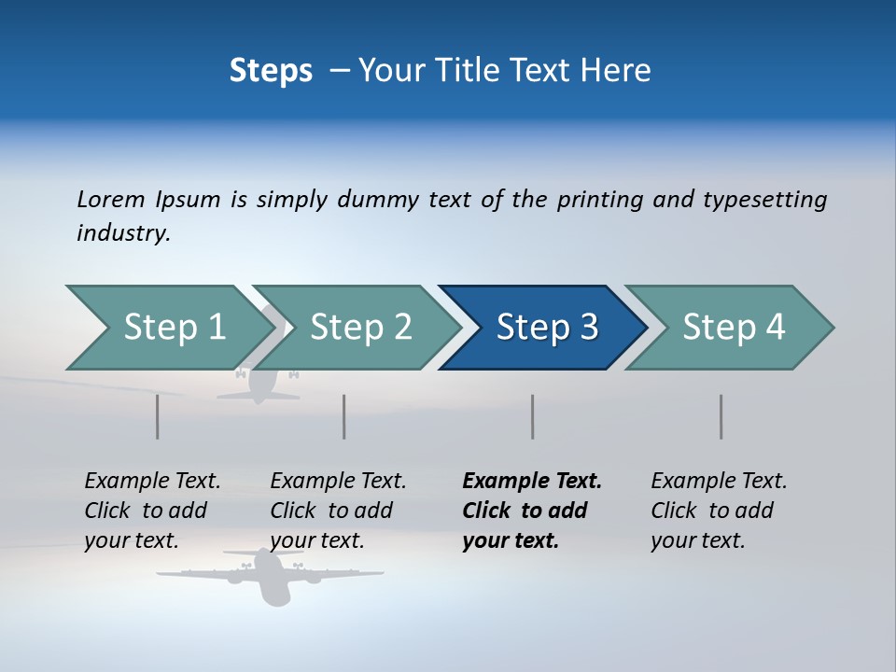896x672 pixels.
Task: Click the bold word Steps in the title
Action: coord(271,71)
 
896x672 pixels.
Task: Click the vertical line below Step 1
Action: coord(158,416)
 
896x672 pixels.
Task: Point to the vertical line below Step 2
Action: coord(344,416)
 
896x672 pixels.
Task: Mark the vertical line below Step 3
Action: coord(533,416)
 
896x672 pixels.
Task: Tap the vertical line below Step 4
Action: coord(721,416)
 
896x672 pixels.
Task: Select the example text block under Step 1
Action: coord(152,511)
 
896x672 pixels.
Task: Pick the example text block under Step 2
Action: coord(338,511)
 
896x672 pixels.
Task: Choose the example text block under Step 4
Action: coord(719,511)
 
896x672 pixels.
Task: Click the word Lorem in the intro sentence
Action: coord(111,199)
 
